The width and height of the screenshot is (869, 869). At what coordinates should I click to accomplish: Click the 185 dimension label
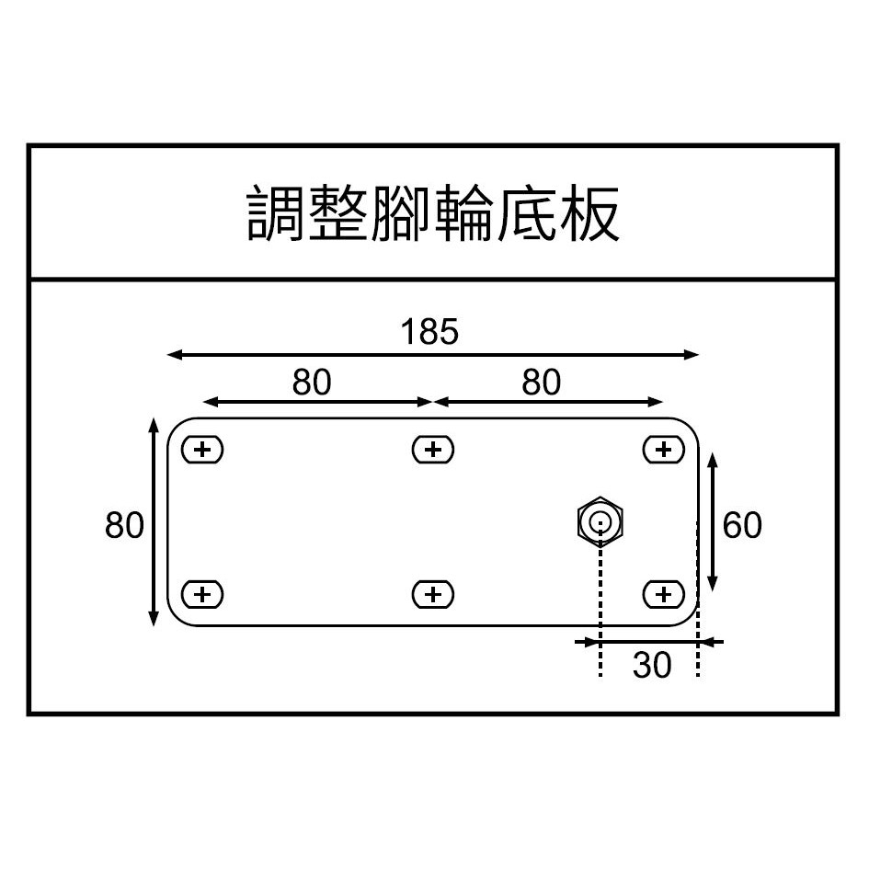tap(429, 331)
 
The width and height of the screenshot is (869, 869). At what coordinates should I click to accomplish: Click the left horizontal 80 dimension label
tap(312, 382)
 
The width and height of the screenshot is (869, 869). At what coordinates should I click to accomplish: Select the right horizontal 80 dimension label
tap(541, 382)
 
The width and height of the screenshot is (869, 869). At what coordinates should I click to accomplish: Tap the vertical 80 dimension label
tap(124, 525)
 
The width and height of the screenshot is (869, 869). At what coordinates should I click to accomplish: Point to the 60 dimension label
tap(742, 525)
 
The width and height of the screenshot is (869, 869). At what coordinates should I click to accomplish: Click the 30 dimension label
tap(652, 665)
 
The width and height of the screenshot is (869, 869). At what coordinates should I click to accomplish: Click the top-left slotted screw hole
tap(202, 449)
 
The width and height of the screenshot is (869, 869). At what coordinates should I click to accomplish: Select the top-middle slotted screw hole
tap(433, 449)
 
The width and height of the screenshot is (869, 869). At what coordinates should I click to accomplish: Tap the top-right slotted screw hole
tap(663, 449)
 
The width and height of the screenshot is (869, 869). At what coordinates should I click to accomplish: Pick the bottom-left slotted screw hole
tap(202, 595)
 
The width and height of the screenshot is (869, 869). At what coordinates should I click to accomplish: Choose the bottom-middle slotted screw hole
tap(433, 595)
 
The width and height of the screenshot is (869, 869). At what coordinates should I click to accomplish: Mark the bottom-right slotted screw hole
tap(663, 595)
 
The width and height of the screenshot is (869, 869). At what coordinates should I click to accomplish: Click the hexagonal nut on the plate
tap(600, 522)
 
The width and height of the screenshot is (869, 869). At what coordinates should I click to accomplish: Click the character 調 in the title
tap(276, 213)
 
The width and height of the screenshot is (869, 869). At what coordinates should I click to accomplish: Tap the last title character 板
tap(589, 213)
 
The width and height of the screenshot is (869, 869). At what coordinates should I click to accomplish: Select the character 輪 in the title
tap(463, 213)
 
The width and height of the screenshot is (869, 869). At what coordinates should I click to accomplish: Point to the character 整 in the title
tap(338, 213)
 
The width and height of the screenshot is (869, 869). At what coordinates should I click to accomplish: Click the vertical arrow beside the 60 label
tap(713, 522)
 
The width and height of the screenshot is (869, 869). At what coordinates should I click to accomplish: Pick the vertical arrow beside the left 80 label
tap(154, 522)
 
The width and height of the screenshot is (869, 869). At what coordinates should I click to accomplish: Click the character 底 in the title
tap(527, 213)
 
